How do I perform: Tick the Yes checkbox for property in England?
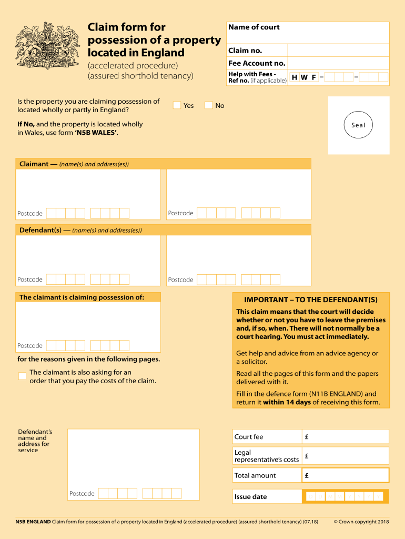coord(177,105)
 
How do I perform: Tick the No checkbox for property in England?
coord(208,105)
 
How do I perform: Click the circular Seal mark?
coord(358,125)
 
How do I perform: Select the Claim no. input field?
coord(338,51)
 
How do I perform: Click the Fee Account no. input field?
coord(338,63)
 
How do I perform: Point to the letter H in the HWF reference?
coord(295,77)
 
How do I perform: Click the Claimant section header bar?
coord(163,164)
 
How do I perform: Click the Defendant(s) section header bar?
coord(163,230)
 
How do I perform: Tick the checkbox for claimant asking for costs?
coord(22,376)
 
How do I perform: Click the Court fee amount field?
coord(346,437)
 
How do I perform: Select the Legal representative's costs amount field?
coord(346,456)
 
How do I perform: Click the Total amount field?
coord(346,475)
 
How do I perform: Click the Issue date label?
coord(251,497)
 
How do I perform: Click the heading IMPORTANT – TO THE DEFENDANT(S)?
coord(311,300)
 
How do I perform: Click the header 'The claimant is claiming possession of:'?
coord(82,297)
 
